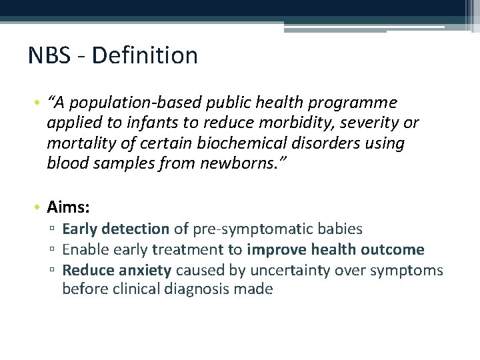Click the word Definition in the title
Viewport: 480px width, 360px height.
[145, 55]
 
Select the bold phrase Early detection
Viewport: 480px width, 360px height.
[115, 229]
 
